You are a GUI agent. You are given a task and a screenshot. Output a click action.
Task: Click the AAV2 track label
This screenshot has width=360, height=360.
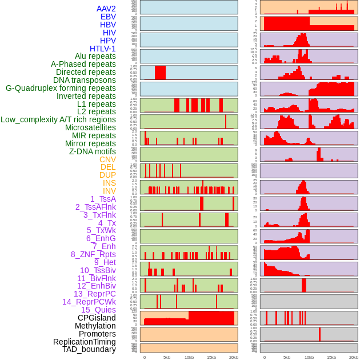(106, 9)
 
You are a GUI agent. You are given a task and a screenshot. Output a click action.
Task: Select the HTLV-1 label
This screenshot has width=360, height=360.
(102, 49)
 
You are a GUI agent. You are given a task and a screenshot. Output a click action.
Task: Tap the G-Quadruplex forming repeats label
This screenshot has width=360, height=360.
(61, 88)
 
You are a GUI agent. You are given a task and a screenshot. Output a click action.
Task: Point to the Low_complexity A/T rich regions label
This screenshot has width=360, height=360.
(58, 119)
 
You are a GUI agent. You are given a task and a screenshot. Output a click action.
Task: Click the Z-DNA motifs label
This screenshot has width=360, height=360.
(92, 151)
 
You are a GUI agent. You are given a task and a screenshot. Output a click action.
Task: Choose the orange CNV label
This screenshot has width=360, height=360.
(107, 159)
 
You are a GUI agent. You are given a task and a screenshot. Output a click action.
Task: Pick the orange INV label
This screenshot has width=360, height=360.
(109, 191)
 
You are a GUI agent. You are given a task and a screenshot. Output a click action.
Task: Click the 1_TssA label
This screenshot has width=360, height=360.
(103, 199)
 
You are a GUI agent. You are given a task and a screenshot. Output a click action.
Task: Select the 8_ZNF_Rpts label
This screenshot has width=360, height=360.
(93, 254)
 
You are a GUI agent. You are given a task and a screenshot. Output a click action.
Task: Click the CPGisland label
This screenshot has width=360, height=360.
(97, 318)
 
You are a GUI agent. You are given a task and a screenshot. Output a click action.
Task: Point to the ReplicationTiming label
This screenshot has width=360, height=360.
(84, 342)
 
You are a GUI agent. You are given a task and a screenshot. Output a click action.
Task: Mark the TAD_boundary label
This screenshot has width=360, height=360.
(89, 349)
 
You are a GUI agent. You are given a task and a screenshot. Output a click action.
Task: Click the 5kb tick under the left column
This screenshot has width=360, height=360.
(167, 357)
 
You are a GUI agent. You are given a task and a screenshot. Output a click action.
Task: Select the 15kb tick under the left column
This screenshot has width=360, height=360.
(211, 357)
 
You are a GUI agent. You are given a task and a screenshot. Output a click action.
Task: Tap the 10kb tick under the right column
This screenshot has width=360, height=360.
(309, 357)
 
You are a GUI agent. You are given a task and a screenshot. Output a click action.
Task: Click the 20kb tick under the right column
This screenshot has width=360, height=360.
(353, 357)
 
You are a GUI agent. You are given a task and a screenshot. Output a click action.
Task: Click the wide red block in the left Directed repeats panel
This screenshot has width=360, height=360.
(160, 73)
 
